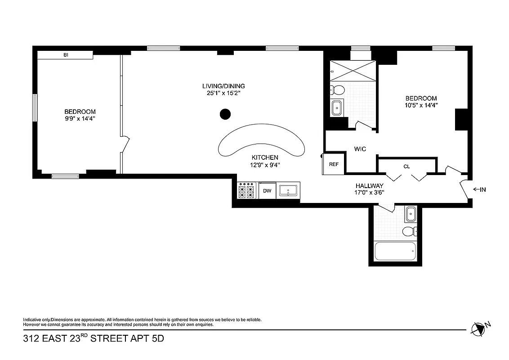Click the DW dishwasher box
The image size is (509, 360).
267,190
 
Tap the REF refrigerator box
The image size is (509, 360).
334,164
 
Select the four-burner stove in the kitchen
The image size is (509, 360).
246,190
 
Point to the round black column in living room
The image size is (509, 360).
225,114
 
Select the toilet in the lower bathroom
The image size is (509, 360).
409,232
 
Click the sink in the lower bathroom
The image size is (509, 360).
410,214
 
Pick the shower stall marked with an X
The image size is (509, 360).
353,71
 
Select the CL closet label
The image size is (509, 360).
406,166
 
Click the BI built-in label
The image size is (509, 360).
66,55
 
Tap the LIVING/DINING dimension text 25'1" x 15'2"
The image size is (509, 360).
223,94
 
